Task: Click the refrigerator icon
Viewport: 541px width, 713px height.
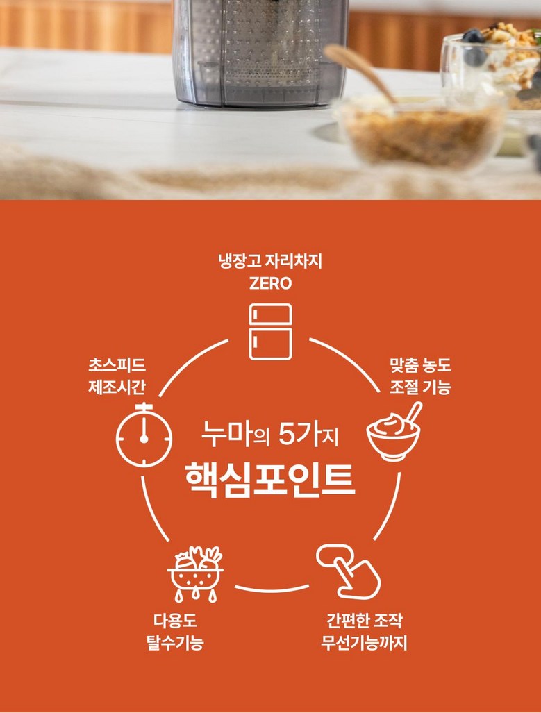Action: coord(270,332)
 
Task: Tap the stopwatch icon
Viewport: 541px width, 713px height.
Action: coord(144,435)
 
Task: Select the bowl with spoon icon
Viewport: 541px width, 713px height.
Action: coord(394,432)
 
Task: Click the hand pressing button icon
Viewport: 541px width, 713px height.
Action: coord(349,571)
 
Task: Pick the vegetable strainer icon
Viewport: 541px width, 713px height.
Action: coord(195,574)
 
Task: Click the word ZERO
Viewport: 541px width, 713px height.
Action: coord(270,284)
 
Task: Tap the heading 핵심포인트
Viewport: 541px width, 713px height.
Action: coord(270,480)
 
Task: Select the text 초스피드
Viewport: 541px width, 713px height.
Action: coord(117,365)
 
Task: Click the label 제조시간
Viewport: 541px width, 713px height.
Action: coord(117,387)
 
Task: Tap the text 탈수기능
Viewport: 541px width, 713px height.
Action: coord(175,642)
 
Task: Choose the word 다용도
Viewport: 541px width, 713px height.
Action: coord(175,621)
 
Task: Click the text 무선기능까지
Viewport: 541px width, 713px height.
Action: coord(364,642)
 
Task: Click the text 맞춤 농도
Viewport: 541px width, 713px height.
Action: coord(420,365)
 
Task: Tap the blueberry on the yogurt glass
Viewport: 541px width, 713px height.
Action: coord(473,36)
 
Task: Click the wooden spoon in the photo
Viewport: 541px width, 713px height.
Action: coord(360,73)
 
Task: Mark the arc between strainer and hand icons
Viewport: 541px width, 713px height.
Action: coord(272,589)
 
